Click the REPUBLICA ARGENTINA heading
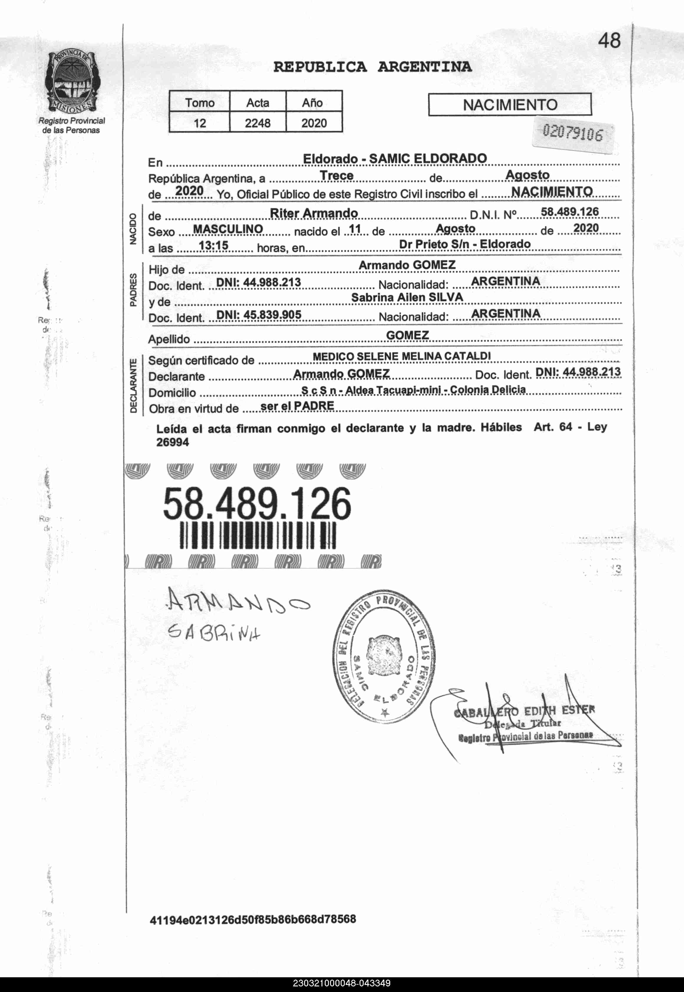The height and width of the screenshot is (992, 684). pyautogui.click(x=373, y=67)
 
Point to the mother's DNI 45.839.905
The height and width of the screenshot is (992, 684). pyautogui.click(x=259, y=315)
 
